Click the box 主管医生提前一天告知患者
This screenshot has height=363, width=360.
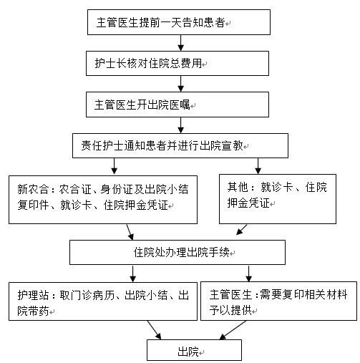click(179, 22)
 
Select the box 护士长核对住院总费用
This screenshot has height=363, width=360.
click(177, 64)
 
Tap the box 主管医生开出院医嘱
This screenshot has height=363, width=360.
click(177, 105)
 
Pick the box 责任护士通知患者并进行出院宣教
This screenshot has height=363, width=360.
click(180, 145)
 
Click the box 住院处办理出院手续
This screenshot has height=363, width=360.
click(177, 252)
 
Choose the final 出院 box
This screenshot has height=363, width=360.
click(194, 350)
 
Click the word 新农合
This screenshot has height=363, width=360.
click(33, 190)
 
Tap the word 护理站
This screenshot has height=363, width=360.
click(33, 295)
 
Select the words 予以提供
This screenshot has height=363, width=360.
click(230, 311)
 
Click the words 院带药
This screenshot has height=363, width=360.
click(33, 311)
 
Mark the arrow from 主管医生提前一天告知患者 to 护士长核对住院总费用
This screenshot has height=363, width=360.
click(180, 43)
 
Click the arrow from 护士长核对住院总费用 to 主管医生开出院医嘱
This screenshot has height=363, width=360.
click(180, 84)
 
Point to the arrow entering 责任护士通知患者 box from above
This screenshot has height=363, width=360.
click(180, 125)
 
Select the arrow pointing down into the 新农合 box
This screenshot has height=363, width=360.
click(115, 166)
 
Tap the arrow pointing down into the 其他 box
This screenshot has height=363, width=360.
click(258, 166)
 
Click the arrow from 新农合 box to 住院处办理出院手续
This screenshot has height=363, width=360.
click(130, 232)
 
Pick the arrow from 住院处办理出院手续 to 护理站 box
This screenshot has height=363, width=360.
click(132, 274)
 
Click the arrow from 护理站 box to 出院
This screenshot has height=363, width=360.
click(154, 330)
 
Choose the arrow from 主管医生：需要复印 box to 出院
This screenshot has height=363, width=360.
click(233, 330)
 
